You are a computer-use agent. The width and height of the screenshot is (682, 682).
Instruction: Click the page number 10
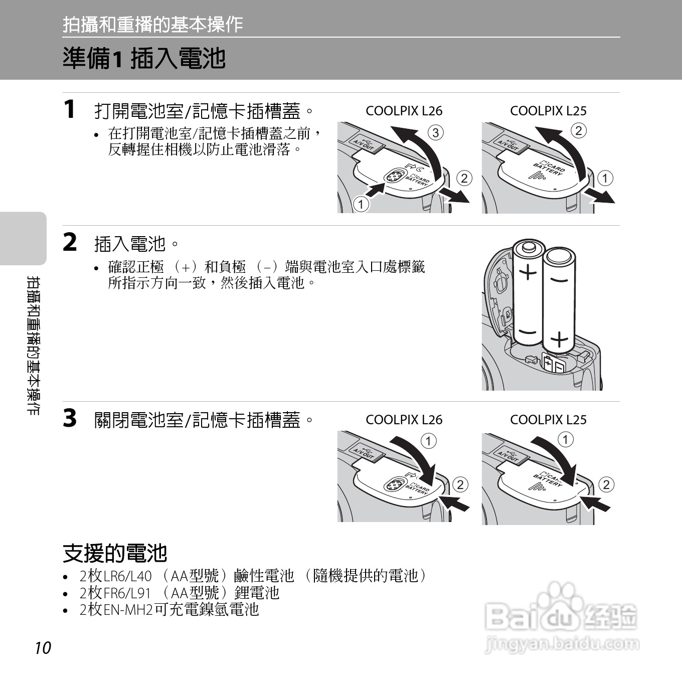[43, 648]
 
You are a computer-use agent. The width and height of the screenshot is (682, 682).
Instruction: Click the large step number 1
[70, 109]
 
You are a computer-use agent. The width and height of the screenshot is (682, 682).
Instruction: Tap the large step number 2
[70, 242]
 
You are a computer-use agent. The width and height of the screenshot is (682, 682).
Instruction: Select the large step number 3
[70, 418]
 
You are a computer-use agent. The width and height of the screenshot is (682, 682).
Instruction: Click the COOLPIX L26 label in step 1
[404, 111]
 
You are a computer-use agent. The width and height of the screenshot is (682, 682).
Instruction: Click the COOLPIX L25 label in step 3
[548, 420]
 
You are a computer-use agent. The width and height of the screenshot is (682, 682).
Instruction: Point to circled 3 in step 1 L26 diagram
[436, 133]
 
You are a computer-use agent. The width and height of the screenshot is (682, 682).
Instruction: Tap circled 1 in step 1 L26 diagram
[361, 204]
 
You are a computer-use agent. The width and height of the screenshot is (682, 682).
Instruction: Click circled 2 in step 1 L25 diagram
[578, 131]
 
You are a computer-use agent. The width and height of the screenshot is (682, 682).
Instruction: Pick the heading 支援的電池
[115, 553]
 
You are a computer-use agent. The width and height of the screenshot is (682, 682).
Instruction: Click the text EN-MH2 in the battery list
[128, 610]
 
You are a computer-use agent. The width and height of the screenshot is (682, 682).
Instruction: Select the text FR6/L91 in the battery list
[127, 593]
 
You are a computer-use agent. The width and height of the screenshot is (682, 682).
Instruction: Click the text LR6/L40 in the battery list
[127, 576]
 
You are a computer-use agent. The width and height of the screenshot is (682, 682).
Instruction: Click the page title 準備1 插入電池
[144, 58]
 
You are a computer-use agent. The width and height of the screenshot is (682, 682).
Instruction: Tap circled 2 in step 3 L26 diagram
[460, 484]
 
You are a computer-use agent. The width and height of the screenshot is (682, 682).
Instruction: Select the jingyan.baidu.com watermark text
[562, 644]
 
